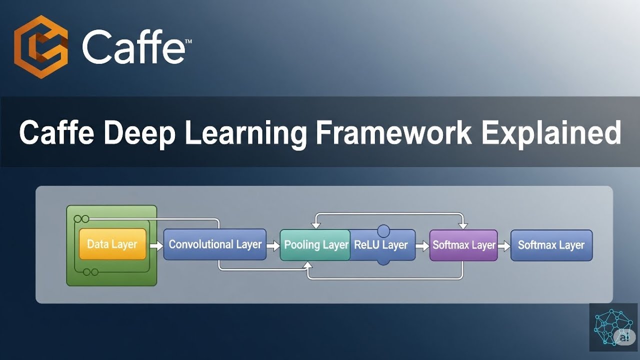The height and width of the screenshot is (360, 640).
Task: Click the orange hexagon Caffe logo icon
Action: tap(41, 48)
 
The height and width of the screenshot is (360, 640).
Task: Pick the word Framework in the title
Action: tap(394, 132)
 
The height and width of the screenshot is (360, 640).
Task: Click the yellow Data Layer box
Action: tap(112, 244)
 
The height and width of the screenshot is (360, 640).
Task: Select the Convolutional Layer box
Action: tap(215, 244)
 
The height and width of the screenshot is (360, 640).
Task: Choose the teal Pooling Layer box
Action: tap(315, 245)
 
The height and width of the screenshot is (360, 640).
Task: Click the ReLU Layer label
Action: tap(381, 245)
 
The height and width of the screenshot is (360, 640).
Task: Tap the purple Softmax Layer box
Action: tap(463, 245)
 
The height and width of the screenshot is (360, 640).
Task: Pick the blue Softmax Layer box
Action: tap(551, 245)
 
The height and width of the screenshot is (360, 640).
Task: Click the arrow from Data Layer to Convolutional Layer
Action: tap(156, 245)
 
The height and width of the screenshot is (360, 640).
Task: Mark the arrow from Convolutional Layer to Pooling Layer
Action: tap(273, 245)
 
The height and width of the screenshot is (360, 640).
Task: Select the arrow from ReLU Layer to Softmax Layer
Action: tap(422, 245)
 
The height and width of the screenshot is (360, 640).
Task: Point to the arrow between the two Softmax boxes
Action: tap(504, 245)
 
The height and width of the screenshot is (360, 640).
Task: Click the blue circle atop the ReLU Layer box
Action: tap(383, 231)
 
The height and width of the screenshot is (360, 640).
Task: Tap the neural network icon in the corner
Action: tap(613, 327)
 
